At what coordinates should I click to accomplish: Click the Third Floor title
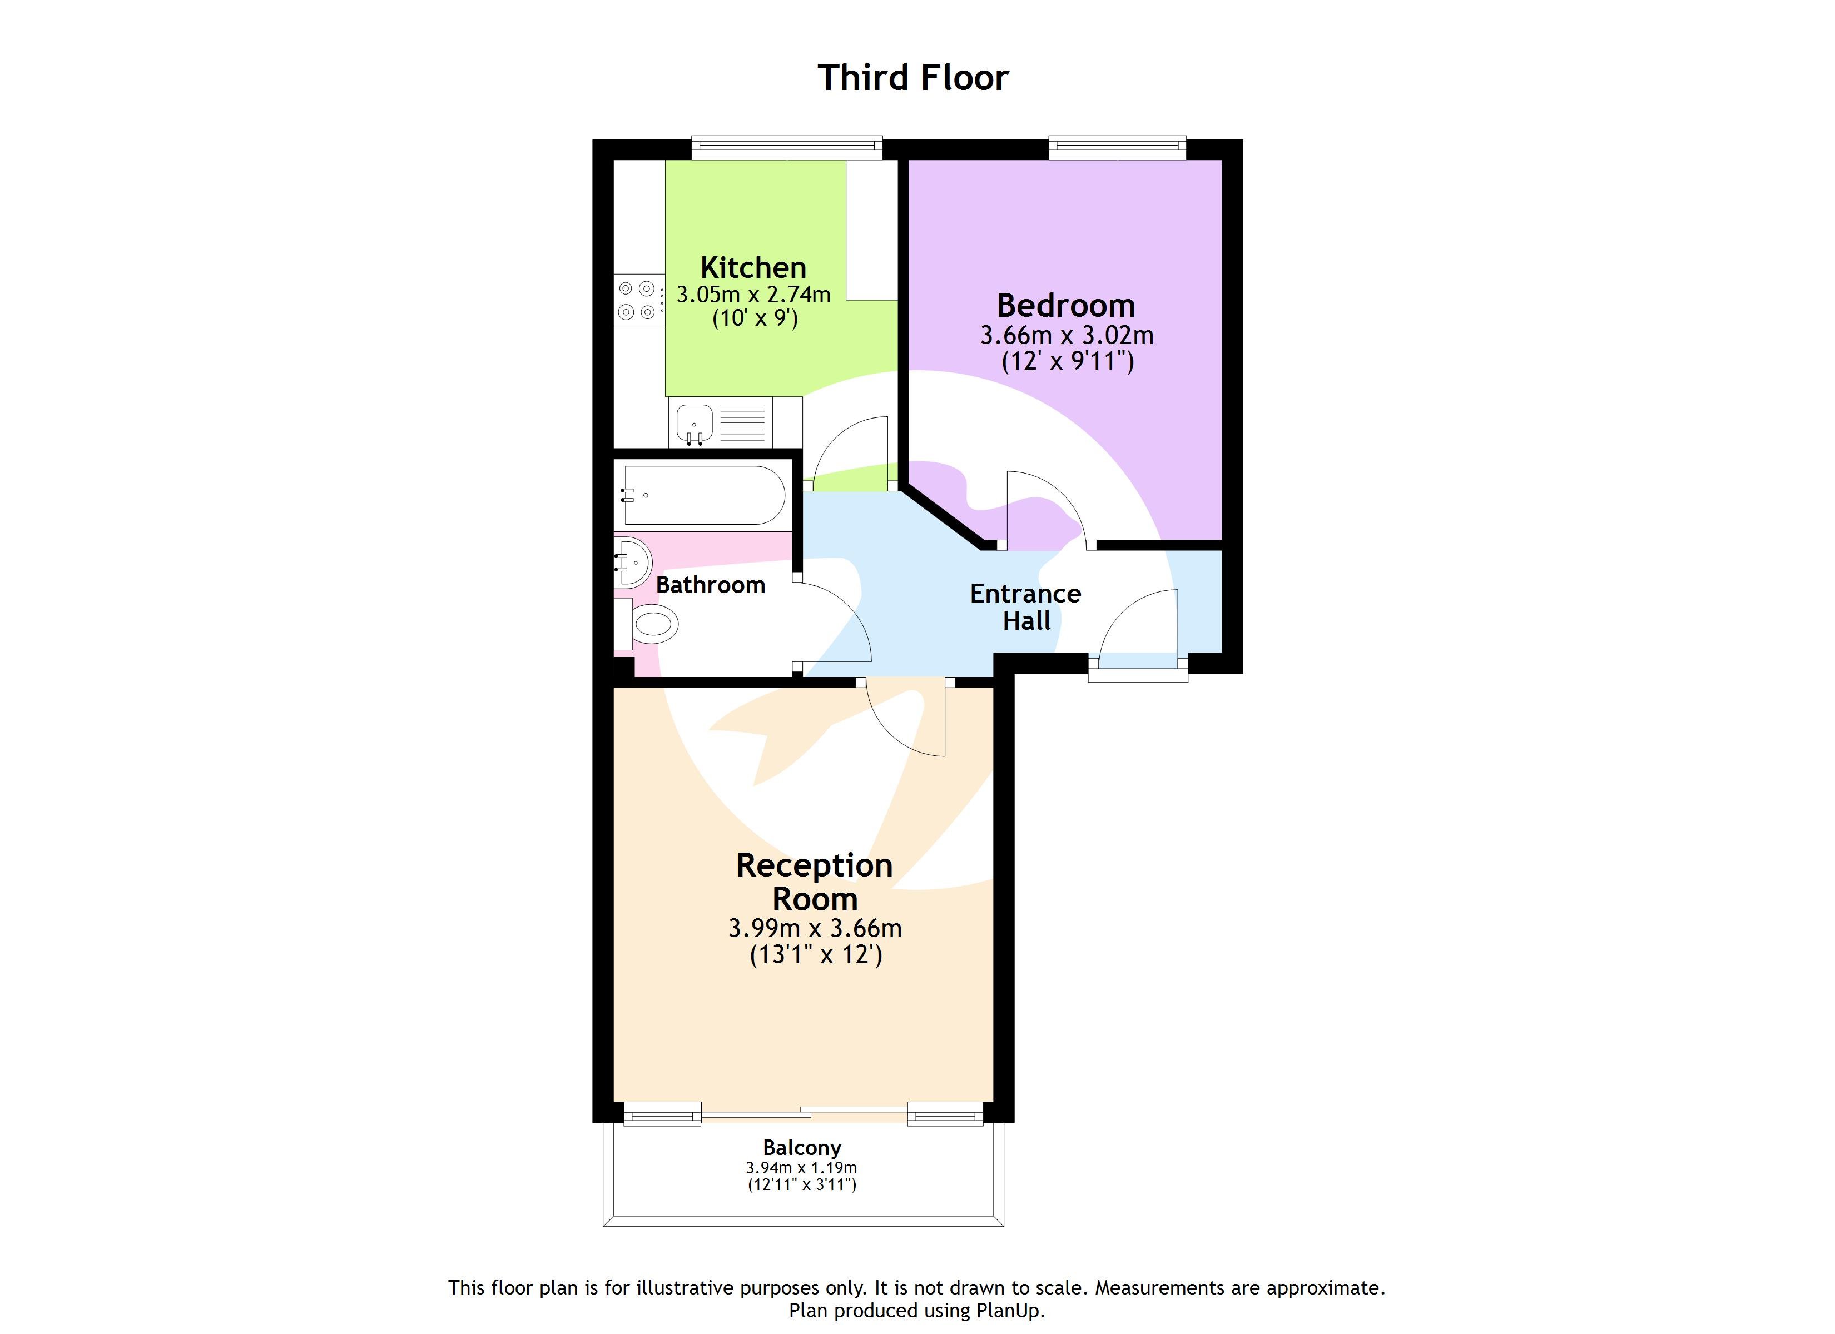point(912,78)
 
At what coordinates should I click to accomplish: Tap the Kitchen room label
point(752,268)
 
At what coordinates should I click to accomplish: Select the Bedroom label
point(1065,306)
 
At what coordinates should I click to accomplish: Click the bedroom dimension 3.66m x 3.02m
point(1067,335)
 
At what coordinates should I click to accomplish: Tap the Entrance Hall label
point(1025,607)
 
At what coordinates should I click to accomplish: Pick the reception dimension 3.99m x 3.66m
point(814,928)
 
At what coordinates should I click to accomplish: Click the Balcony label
point(802,1147)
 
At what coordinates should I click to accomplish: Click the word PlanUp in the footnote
point(1008,1310)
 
